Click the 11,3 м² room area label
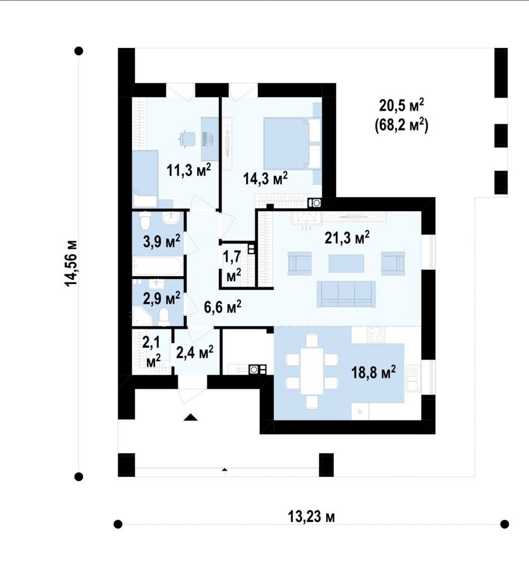[x=189, y=170]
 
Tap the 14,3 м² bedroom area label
[x=265, y=179]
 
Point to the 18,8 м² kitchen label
[x=374, y=372]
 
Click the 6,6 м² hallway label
[x=223, y=306]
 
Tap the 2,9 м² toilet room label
[x=162, y=298]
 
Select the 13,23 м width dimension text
[x=311, y=517]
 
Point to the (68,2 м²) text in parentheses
[x=401, y=126]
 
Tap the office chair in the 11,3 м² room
[x=188, y=139]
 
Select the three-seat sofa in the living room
[x=346, y=294]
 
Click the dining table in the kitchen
[x=312, y=371]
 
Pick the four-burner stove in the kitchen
[x=376, y=335]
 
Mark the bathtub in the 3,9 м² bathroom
[x=157, y=267]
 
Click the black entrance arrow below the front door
[x=191, y=417]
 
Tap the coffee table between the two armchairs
[x=346, y=264]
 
